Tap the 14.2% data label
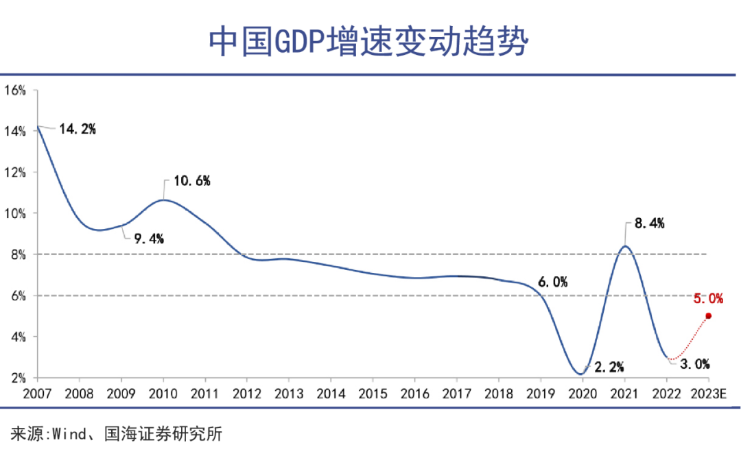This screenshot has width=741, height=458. tap(76, 129)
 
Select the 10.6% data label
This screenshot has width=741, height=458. tap(191, 181)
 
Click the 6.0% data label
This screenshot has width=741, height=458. tap(552, 282)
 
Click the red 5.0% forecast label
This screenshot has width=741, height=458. tap(707, 298)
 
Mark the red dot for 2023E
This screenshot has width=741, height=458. tap(709, 316)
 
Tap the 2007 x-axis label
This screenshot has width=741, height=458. tap(37, 394)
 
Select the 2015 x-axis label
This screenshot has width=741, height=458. tap(373, 394)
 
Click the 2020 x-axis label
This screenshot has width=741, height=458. tap(582, 394)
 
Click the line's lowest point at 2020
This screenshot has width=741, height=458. tap(581, 374)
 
